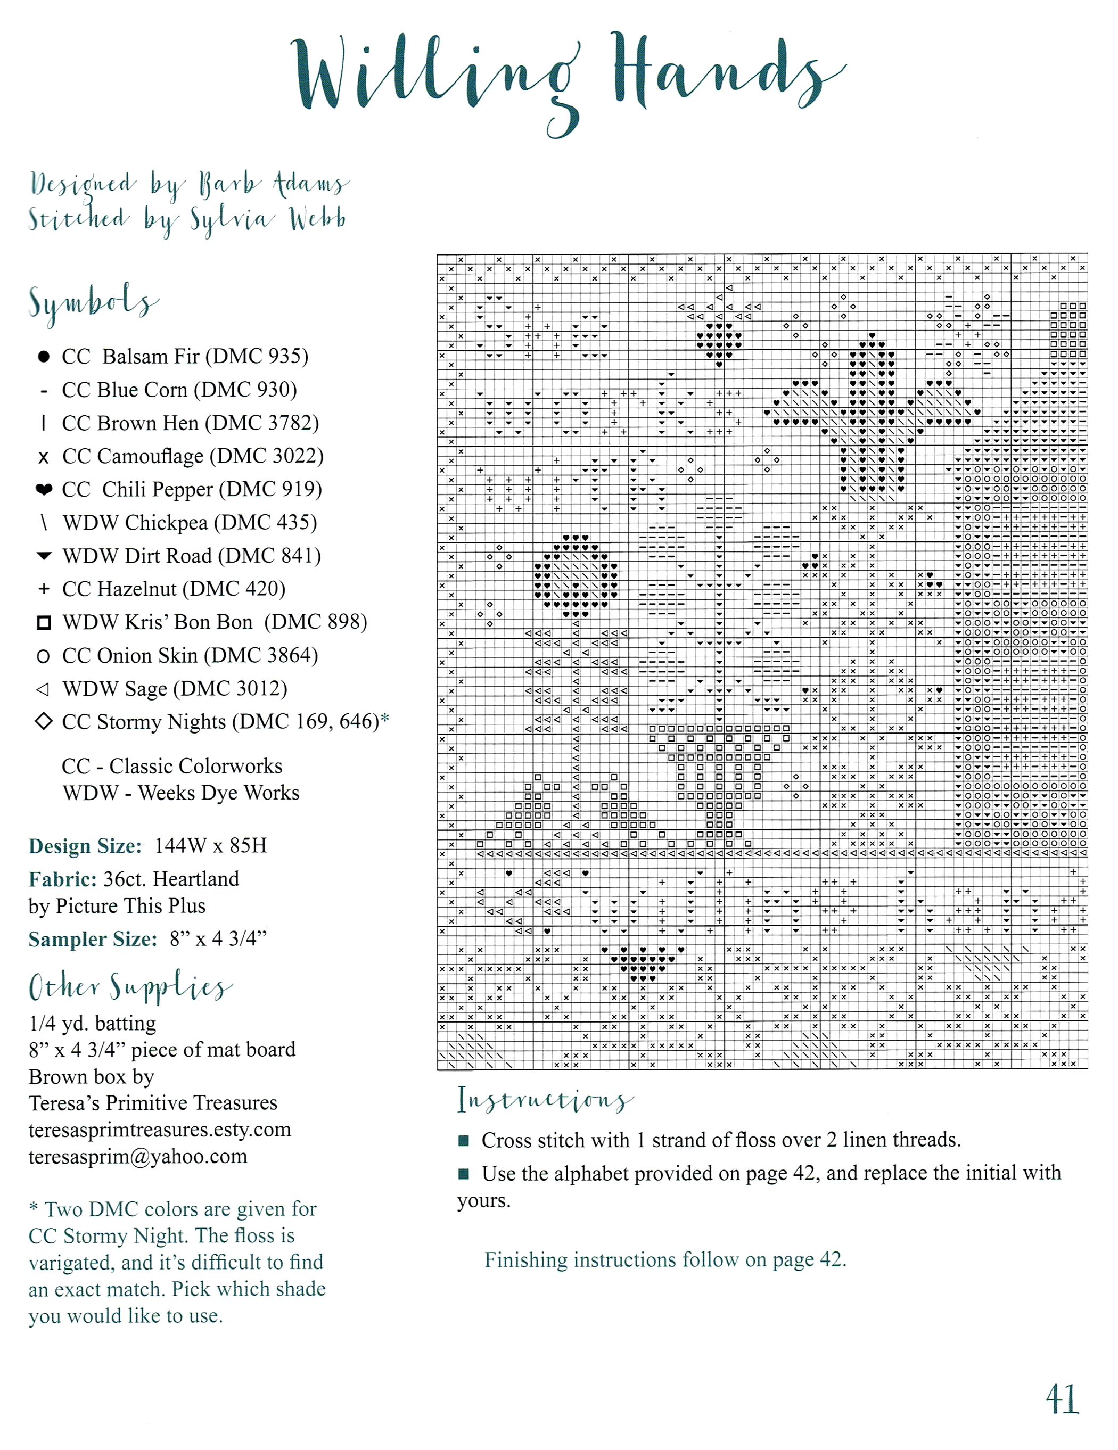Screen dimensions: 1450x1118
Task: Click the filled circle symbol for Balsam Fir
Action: coord(44,357)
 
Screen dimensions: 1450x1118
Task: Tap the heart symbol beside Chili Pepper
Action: coord(44,490)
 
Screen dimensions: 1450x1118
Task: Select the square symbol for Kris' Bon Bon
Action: coord(44,623)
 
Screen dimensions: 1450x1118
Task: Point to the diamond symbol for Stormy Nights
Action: coord(44,721)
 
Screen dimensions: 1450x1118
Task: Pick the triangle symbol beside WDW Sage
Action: coord(43,689)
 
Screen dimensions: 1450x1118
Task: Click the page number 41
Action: coord(1062,1399)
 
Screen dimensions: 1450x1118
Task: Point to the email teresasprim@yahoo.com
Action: coord(138,1157)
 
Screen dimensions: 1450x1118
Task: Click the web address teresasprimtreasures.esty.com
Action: coord(159,1130)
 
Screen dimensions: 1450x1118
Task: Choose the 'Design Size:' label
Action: coord(85,846)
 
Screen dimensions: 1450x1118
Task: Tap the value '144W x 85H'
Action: coord(210,846)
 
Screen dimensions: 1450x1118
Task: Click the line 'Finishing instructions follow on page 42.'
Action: coord(665,1260)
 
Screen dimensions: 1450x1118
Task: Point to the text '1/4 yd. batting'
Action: coord(92,1024)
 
